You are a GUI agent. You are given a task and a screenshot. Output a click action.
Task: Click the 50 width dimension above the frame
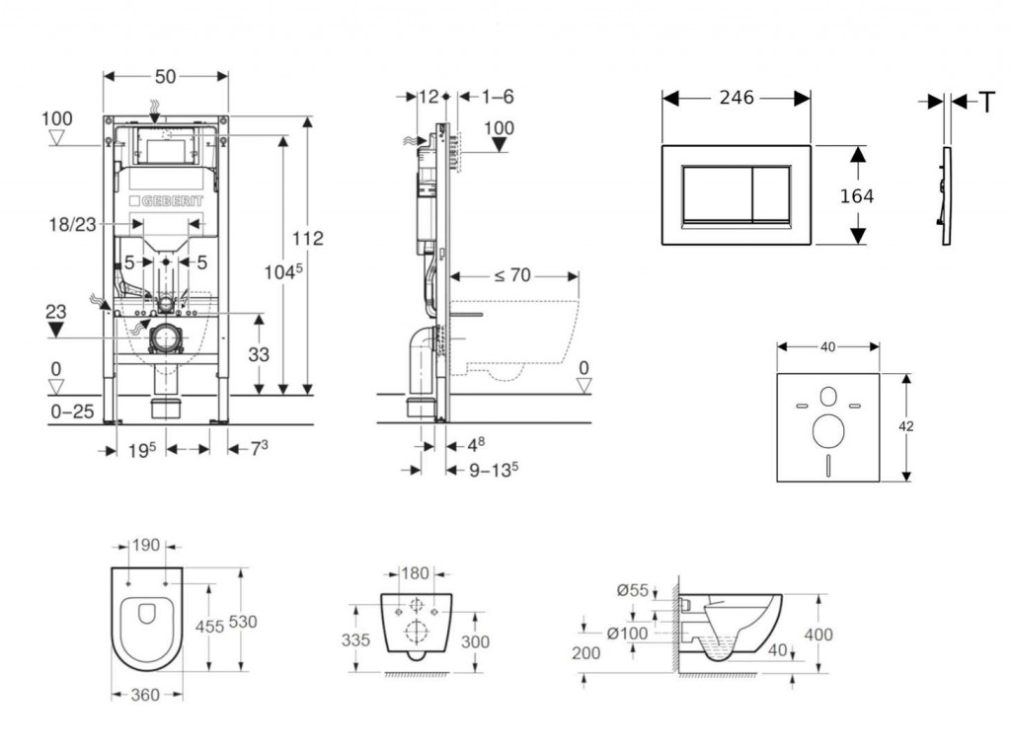click(x=166, y=76)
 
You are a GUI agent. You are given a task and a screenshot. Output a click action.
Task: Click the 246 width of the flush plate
click(x=736, y=98)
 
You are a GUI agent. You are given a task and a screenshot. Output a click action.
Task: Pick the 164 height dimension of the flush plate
click(x=856, y=196)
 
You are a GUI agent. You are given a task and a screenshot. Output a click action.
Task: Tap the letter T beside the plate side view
click(x=985, y=102)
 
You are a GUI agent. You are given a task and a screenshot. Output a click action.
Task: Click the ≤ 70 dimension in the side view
click(x=512, y=275)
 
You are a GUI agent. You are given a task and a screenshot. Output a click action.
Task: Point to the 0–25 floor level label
click(x=72, y=411)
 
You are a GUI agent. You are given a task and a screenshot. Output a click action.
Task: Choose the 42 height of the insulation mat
click(x=906, y=426)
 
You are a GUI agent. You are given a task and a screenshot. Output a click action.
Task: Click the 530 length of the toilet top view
click(x=243, y=622)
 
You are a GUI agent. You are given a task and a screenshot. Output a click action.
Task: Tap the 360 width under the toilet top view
click(x=145, y=695)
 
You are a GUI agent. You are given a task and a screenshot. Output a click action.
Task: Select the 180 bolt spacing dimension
click(x=415, y=573)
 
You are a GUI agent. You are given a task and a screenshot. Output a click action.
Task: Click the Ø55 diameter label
click(x=633, y=590)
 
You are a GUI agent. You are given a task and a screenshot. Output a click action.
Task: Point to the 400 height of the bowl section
click(x=818, y=634)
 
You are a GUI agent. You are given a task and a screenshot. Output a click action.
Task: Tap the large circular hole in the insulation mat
click(x=827, y=430)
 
